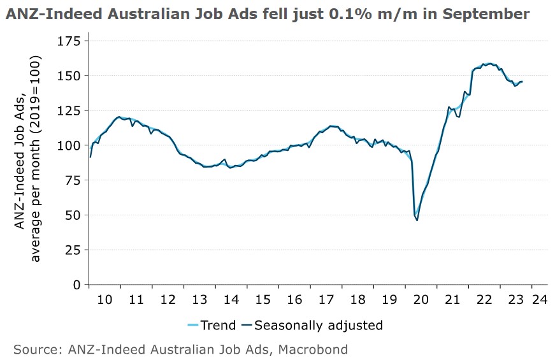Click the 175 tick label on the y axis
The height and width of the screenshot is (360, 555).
[68, 41]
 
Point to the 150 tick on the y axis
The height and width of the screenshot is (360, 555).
[68, 76]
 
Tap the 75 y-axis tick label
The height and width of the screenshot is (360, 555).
[72, 180]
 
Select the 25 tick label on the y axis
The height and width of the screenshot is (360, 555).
[72, 250]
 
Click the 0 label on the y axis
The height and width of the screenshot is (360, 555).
[76, 285]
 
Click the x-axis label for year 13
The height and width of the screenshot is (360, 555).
[199, 299]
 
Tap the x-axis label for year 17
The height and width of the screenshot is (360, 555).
[326, 299]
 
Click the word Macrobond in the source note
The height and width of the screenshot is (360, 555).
[316, 349]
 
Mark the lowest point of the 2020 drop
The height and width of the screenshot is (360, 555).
[417, 220]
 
